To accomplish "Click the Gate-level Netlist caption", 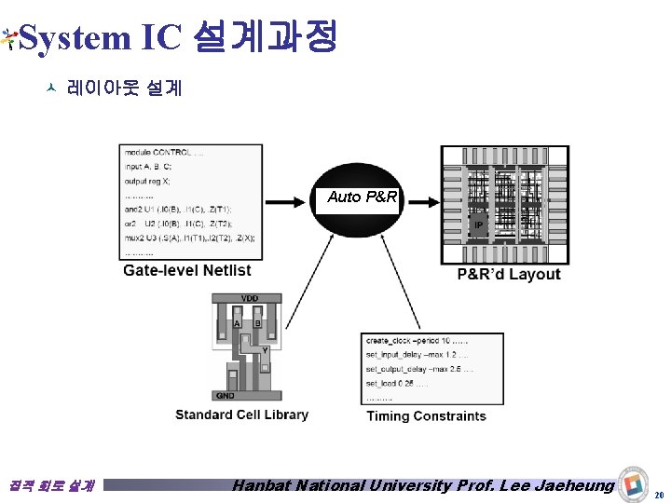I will [187, 271].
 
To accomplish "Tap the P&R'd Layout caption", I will [509, 274].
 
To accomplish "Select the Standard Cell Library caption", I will [241, 415].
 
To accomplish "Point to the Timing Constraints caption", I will [426, 416].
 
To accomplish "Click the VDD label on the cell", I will [250, 298].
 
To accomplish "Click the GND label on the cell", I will [226, 395].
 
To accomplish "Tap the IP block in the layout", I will [478, 225].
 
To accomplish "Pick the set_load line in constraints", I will [397, 383].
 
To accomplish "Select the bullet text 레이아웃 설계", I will [124, 89].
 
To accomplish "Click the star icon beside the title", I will [8, 38].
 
